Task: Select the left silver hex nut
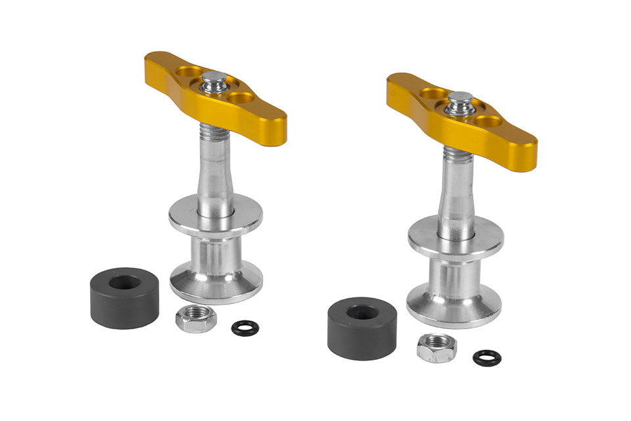coord(196,319)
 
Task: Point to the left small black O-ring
coord(245,328)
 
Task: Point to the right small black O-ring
coord(486,358)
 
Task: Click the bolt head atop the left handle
coord(214,80)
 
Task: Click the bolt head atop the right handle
coord(460,101)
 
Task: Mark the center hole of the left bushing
coord(124,283)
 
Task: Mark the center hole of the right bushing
coord(362,312)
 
